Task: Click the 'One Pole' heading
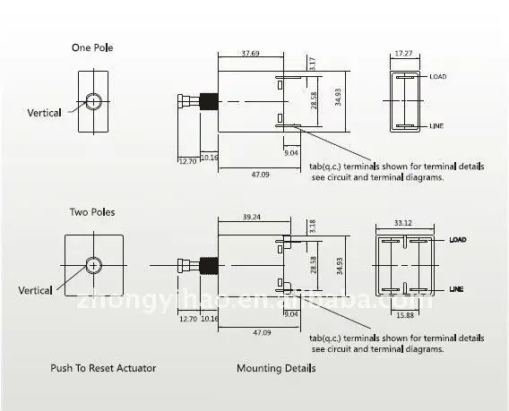point(92,47)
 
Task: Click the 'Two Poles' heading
point(92,212)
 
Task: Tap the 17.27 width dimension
point(405,53)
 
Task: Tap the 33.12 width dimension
point(403,223)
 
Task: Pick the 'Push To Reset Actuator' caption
point(103,368)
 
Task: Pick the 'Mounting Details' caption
point(275,368)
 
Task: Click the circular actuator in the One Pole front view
point(92,100)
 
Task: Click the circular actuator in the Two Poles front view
point(93,264)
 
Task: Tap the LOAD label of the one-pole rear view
point(437,77)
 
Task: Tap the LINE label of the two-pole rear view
point(456,289)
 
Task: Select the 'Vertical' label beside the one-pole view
point(44,113)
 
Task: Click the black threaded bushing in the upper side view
point(208,101)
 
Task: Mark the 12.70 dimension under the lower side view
point(188,318)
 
